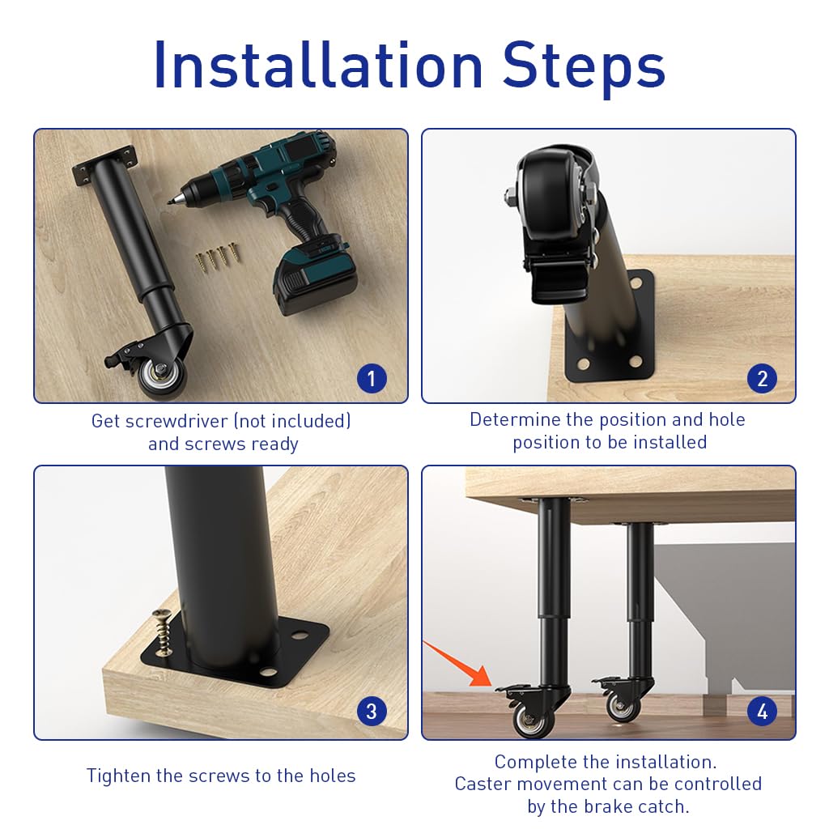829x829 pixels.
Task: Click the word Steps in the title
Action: (585, 64)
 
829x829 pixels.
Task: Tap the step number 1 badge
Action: (372, 378)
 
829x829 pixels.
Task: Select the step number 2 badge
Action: (762, 378)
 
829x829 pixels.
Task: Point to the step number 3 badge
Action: (372, 712)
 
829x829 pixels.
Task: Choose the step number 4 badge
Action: (762, 712)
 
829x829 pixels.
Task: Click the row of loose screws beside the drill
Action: (218, 257)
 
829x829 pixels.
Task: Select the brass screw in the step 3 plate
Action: (163, 632)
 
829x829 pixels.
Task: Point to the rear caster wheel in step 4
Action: (622, 706)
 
